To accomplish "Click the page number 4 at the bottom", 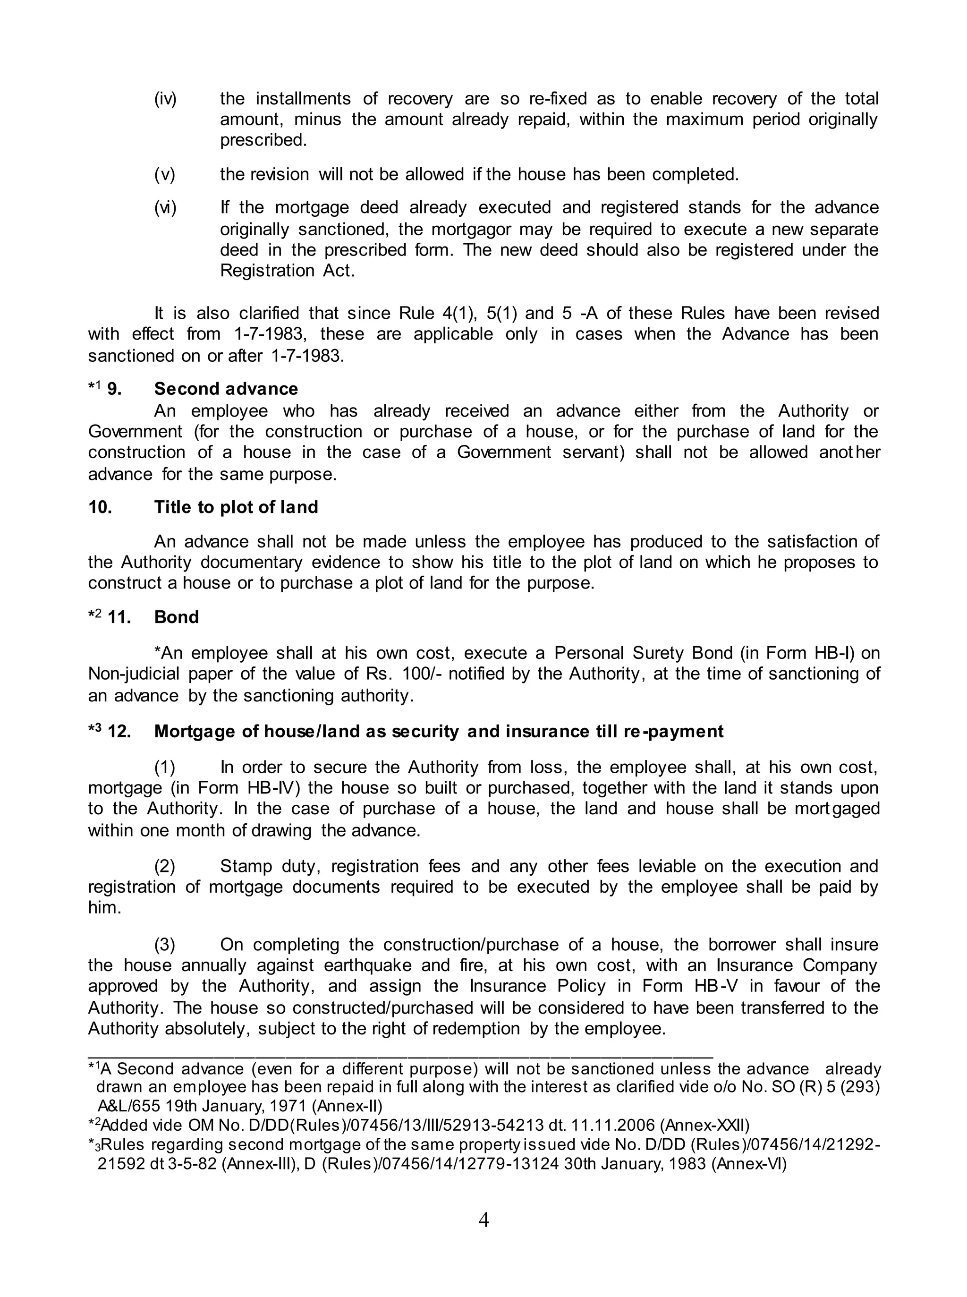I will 483,1219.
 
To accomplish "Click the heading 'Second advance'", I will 226,389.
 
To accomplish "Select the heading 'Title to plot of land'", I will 236,507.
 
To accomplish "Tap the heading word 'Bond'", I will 176,617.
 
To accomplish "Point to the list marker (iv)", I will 165,99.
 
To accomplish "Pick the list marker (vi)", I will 165,208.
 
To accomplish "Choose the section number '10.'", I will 100,507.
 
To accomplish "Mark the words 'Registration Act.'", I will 288,271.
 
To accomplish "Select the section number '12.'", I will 119,732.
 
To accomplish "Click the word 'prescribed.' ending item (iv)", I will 263,141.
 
